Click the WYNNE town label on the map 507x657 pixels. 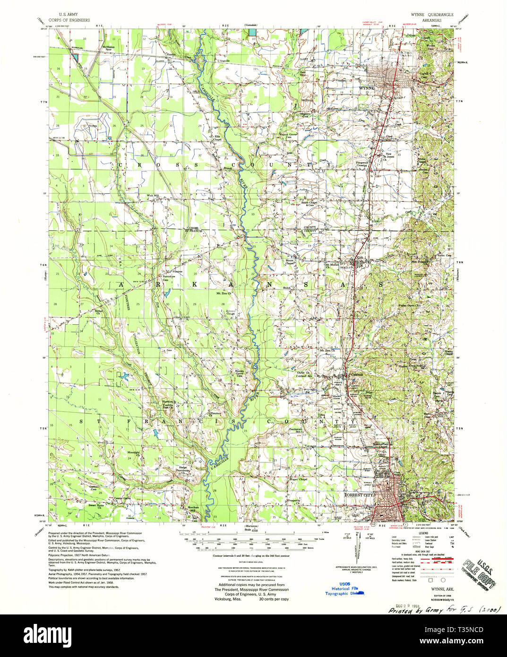pos(367,88)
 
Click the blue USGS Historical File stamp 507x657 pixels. pos(346,588)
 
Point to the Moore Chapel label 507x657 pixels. pos(289,262)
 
